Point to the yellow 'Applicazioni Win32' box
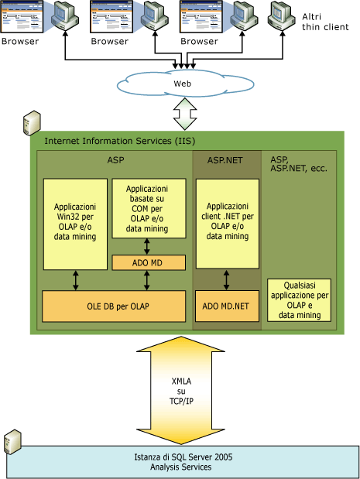coord(75,224)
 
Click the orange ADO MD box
coord(148,263)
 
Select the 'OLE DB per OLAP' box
coord(114,306)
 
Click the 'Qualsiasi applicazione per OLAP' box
coord(299,300)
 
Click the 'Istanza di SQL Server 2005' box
coord(183,462)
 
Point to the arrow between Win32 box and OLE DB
coord(76,280)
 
